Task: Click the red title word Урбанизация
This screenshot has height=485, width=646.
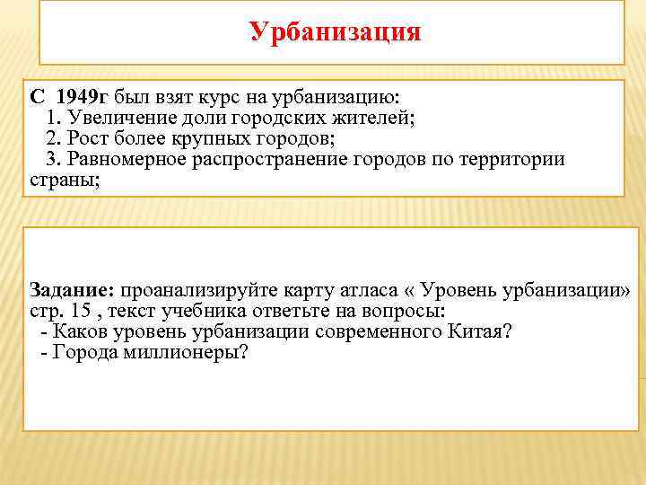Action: pos(335,32)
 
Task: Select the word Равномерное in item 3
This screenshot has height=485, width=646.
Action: pos(128,159)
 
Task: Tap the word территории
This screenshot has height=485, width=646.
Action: pos(514,159)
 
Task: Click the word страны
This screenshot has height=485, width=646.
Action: pos(57,180)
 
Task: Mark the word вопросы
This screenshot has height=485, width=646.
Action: pos(403,312)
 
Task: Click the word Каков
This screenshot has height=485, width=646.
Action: pos(83,332)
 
